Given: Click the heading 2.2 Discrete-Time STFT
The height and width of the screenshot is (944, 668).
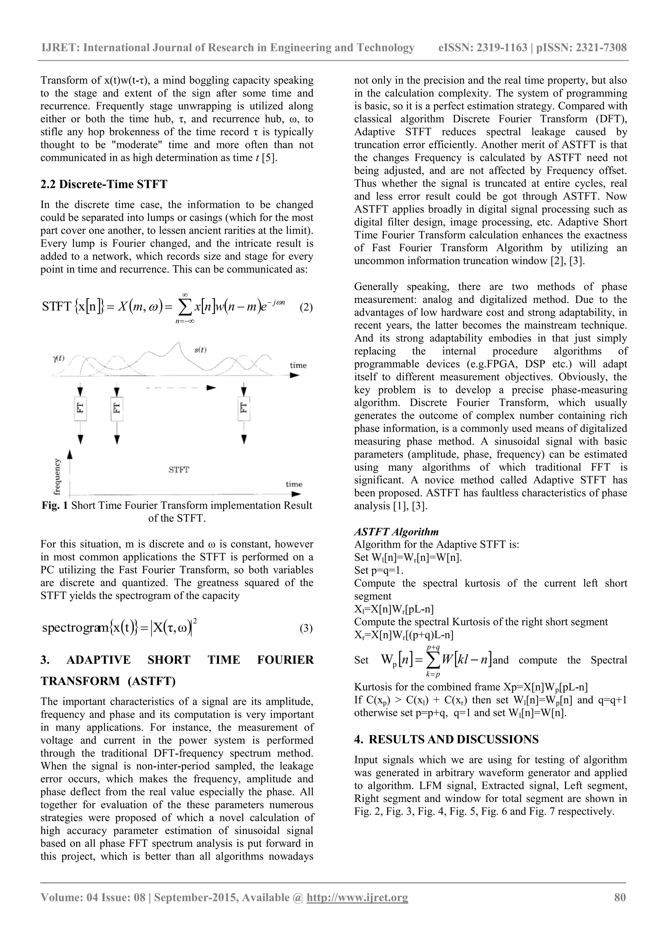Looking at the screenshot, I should pyautogui.click(x=104, y=184).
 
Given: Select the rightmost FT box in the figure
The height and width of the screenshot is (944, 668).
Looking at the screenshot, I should pyautogui.click(x=244, y=408).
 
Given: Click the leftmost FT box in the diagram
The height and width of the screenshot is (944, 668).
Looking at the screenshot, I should pyautogui.click(x=81, y=408).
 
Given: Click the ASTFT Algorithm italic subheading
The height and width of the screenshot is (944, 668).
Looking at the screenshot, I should pyautogui.click(x=396, y=532).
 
